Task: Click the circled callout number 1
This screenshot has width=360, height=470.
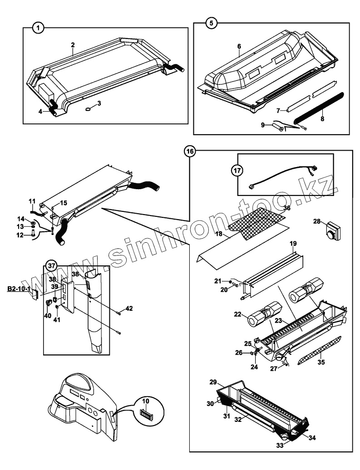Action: (39, 28)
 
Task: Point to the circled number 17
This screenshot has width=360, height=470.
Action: (237, 171)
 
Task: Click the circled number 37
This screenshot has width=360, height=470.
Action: (53, 266)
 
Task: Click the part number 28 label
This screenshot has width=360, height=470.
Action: (317, 221)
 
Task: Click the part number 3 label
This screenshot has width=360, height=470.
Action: (99, 103)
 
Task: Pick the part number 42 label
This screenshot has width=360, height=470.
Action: (129, 309)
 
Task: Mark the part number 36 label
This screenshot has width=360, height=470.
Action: (286, 208)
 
